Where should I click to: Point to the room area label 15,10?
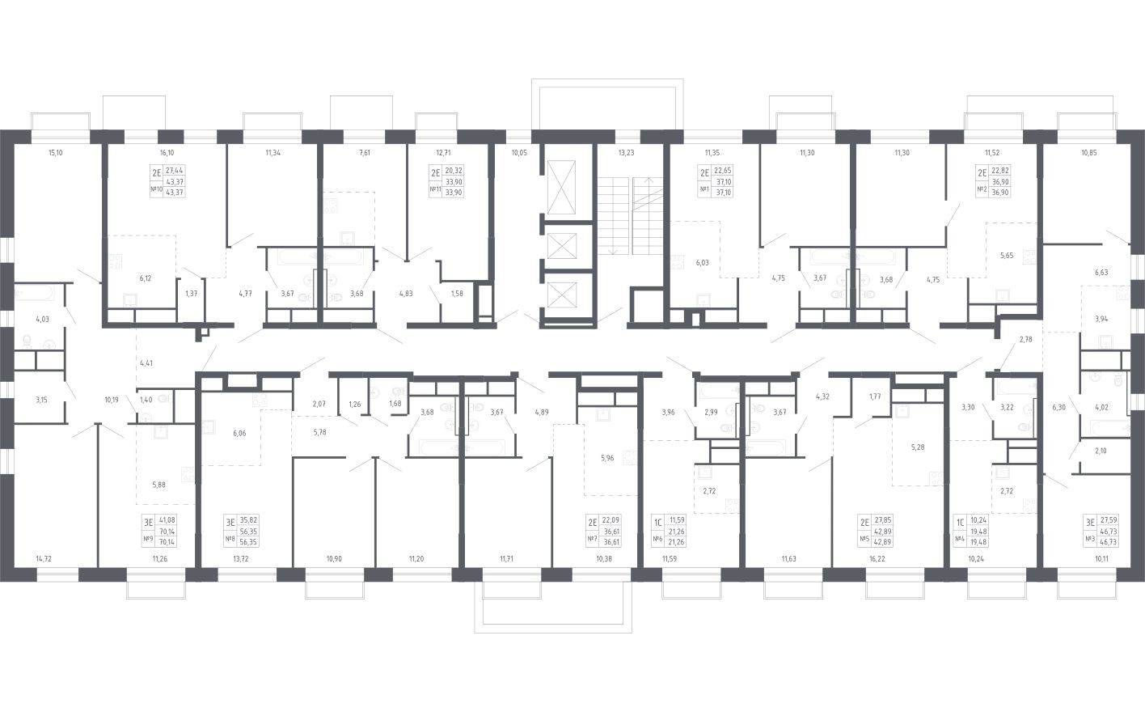(55, 152)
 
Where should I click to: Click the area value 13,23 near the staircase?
(626, 152)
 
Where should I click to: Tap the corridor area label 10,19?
(112, 400)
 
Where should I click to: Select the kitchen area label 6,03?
(702, 262)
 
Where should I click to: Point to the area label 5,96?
(607, 458)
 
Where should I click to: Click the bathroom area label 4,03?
(42, 319)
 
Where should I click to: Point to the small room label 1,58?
(457, 294)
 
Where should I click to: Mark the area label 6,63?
(1101, 273)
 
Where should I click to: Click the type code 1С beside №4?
(960, 523)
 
